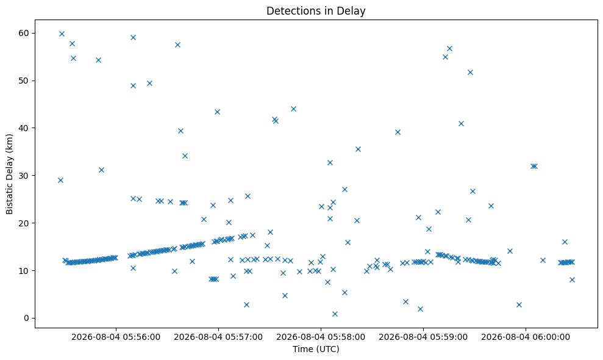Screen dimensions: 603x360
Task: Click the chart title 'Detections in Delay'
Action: pos(316,11)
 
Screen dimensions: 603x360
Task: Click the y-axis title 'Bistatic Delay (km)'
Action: pos(9,174)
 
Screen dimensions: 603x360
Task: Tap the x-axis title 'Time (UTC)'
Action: pos(316,349)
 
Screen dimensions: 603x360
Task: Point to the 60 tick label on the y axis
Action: pos(24,33)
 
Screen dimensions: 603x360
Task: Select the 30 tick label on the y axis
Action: pos(24,176)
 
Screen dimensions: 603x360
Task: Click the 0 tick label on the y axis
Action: pos(27,318)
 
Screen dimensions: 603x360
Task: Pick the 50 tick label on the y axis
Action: pos(24,81)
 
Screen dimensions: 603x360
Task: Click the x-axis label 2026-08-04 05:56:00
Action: pos(116,337)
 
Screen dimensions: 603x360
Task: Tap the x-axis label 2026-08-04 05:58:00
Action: pos(321,337)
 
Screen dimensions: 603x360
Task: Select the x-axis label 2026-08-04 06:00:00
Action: pos(526,337)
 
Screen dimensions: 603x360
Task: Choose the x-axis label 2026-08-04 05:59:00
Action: pos(423,337)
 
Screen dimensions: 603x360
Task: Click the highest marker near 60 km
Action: pos(62,34)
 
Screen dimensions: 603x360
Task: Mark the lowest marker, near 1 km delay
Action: pos(335,314)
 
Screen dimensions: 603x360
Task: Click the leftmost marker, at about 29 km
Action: pos(60,180)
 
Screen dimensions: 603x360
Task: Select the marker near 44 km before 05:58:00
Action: pos(293,109)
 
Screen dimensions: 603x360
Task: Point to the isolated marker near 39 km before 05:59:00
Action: pos(398,132)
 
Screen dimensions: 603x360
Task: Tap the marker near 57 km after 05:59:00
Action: pos(449,49)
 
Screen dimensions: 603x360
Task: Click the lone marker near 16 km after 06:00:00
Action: pos(565,242)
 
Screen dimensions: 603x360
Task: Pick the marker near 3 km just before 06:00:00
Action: pos(519,304)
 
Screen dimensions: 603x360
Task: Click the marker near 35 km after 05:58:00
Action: pos(358,149)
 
